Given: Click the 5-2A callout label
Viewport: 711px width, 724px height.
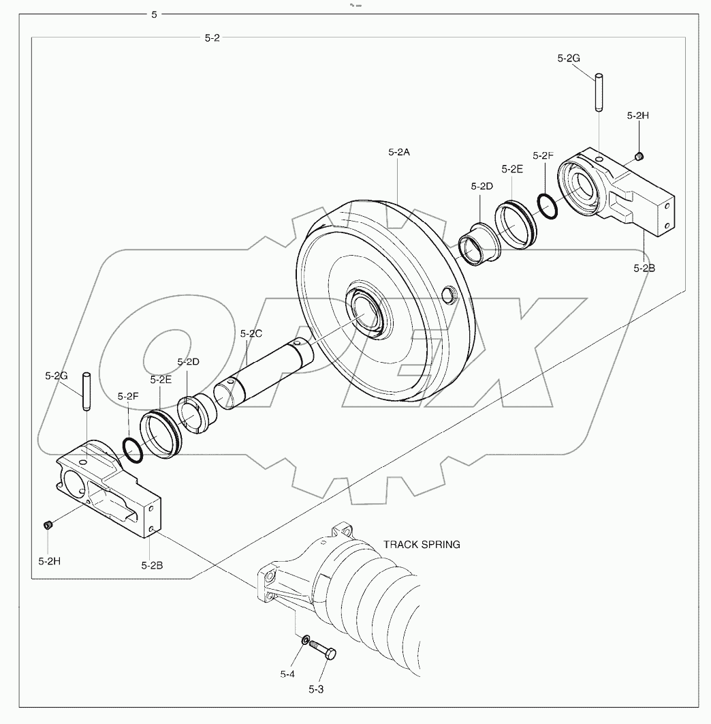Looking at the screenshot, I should point(399,153).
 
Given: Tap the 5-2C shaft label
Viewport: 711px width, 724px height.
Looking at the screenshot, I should point(251,333).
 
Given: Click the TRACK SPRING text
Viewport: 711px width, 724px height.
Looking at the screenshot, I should point(422,544).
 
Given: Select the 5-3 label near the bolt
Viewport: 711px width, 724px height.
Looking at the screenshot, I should point(315,689).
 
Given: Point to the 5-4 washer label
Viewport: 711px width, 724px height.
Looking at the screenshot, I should point(287,674).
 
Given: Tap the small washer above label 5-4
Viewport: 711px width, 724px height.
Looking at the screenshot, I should point(306,640).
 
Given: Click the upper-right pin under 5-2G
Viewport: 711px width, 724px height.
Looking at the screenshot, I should point(598,92).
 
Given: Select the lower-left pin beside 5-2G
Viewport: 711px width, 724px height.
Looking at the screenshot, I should point(86,392).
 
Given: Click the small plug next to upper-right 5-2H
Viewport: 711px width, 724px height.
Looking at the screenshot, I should point(639,158).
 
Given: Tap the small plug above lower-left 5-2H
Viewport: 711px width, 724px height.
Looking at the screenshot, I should point(48,524).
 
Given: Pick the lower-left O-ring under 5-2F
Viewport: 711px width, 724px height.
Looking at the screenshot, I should point(132,450).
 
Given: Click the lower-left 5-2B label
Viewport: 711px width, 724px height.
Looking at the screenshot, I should point(151,564).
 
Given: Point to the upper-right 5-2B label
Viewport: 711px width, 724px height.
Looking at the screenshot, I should point(644,268).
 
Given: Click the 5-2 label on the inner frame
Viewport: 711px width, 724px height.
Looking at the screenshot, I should point(212,38).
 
